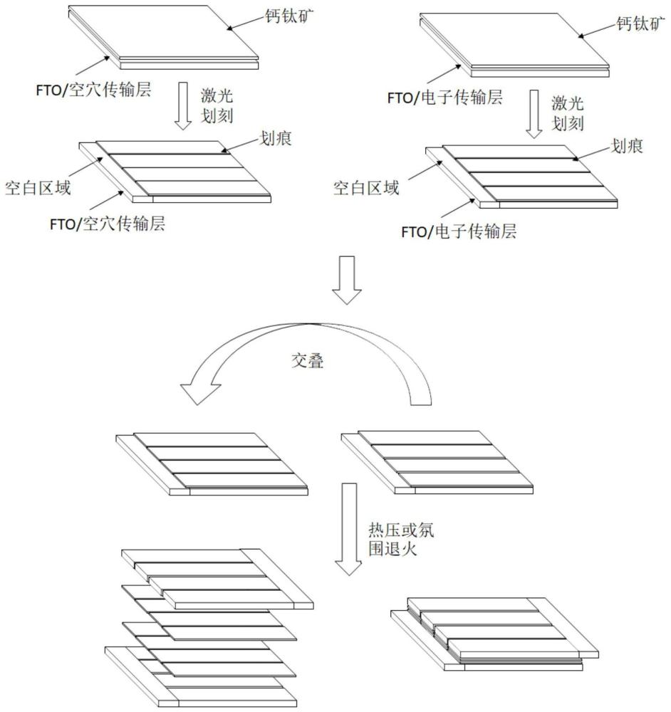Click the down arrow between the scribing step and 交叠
(x=348, y=280)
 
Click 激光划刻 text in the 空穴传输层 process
(x=217, y=104)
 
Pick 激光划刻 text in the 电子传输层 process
(x=568, y=113)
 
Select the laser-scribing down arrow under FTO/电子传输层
(x=534, y=114)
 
